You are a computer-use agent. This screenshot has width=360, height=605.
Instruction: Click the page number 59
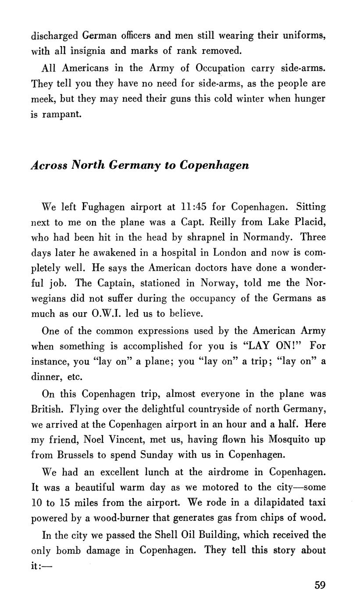coord(320,585)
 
